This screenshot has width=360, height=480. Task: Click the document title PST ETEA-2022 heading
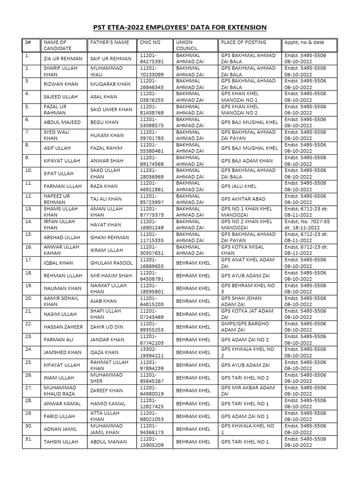tap(180, 28)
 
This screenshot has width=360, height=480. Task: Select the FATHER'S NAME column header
tap(109, 42)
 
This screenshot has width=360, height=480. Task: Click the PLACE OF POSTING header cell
tap(239, 42)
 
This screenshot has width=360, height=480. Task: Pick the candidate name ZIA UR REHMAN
tap(62, 59)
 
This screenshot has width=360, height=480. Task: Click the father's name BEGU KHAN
tap(105, 122)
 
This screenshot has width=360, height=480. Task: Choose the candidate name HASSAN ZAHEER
tap(62, 327)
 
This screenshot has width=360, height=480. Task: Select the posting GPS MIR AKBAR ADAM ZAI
tap(247, 390)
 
